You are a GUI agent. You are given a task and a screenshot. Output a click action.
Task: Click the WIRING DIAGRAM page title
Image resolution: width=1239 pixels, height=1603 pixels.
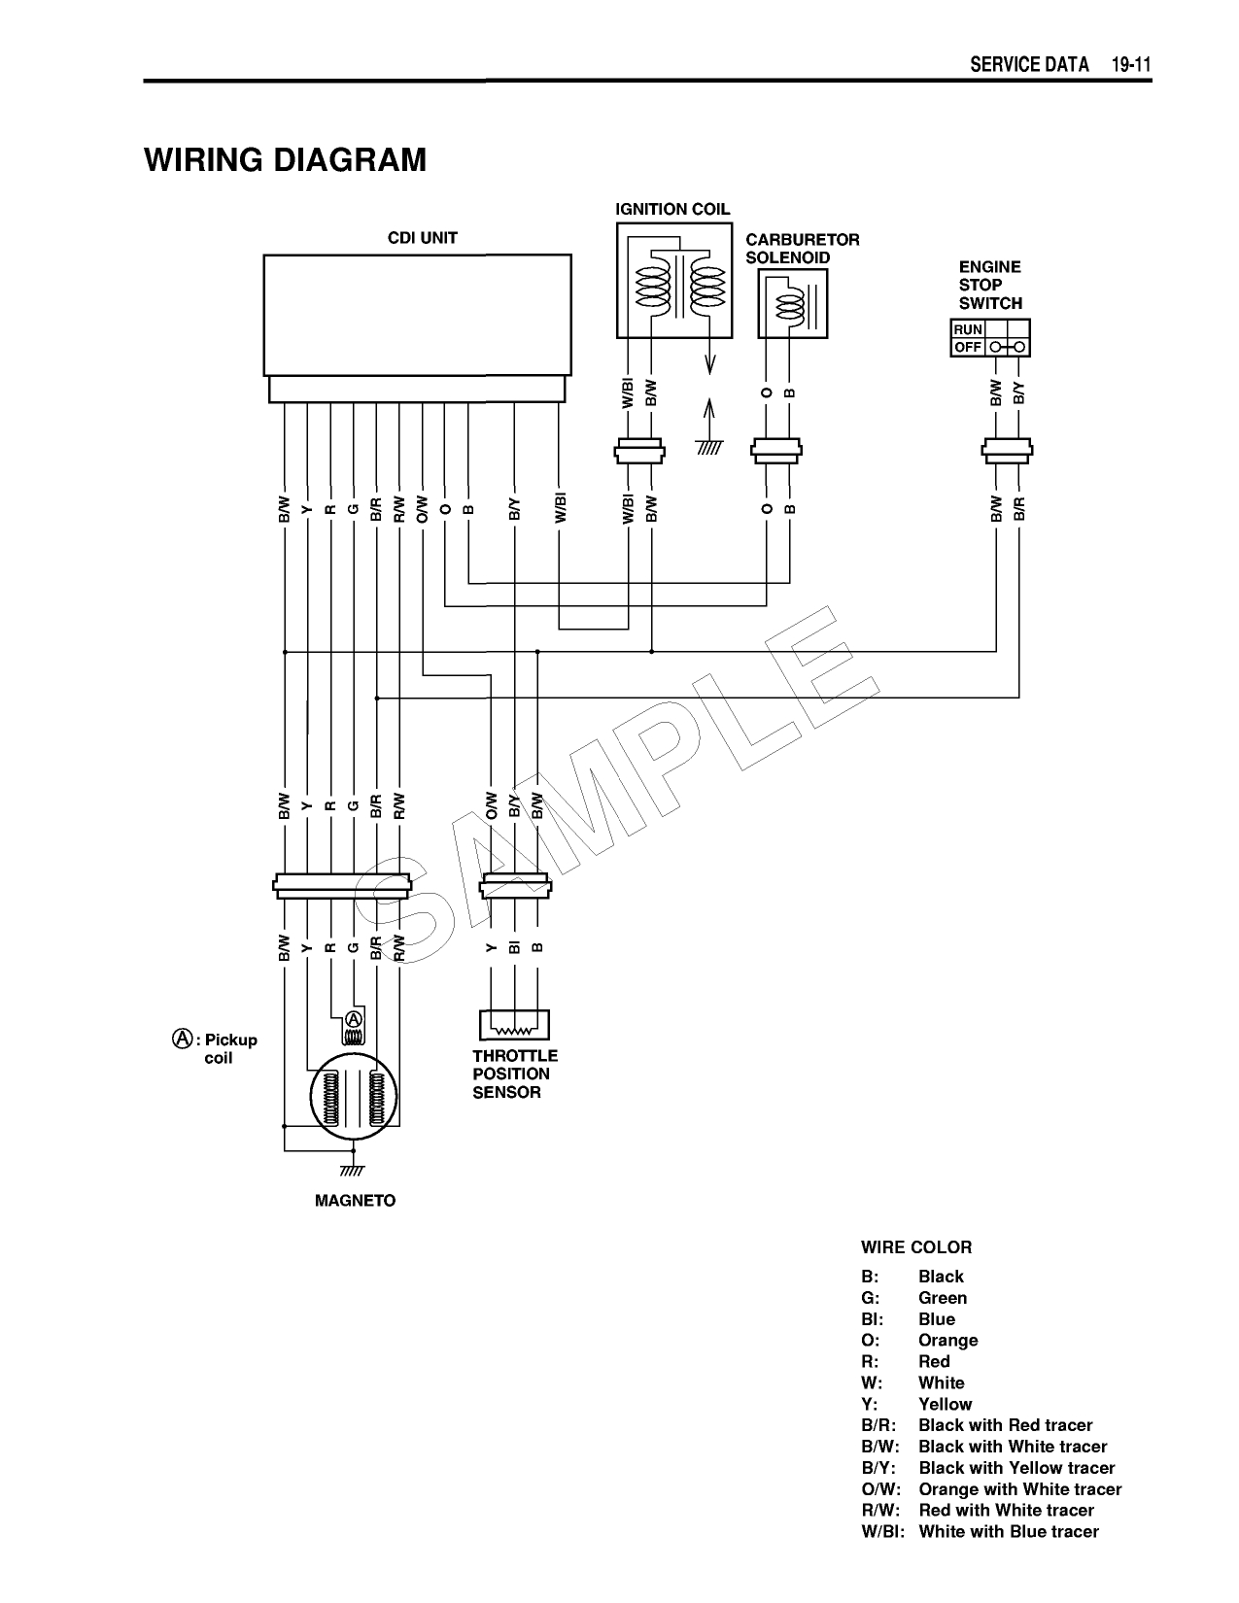click(285, 159)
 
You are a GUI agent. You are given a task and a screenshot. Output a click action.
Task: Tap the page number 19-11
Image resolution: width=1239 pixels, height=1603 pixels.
click(1132, 65)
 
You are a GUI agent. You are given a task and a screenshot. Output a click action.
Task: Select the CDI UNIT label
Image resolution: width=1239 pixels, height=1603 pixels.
click(422, 238)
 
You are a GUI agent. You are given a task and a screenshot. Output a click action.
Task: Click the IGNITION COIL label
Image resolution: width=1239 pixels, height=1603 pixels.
click(672, 210)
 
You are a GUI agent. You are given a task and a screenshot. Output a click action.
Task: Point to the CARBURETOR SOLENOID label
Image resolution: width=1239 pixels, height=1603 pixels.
click(802, 249)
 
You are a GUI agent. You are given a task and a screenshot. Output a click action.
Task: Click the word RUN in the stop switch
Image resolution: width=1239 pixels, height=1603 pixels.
click(968, 329)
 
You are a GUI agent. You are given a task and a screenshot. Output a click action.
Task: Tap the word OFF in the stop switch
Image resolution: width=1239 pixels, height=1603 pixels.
click(968, 347)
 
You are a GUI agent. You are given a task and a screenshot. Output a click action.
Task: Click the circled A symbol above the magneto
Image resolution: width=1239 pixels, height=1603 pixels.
click(354, 1019)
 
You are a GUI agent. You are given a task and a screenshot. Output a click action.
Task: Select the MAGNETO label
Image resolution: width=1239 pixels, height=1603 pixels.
click(355, 1201)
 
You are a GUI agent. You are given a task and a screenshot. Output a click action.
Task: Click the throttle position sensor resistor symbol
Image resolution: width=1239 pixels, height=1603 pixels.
click(514, 1026)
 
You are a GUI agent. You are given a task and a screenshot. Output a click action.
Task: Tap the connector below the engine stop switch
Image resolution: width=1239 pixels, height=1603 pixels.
click(1007, 449)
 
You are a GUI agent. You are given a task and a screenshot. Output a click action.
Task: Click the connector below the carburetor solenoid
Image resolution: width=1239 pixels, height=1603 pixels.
click(777, 449)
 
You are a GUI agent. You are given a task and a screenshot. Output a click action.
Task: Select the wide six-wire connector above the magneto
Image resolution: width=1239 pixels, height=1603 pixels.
click(341, 884)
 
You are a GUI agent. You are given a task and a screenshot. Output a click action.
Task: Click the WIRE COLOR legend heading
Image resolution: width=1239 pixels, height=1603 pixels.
click(915, 1247)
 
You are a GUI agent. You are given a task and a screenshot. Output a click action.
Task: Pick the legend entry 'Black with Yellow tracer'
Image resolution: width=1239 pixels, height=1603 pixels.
click(1016, 1468)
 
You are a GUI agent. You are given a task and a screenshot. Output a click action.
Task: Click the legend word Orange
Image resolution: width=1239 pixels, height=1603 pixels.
click(948, 1340)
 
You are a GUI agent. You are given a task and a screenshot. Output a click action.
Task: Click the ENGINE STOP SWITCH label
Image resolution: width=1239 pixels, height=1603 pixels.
click(989, 285)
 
